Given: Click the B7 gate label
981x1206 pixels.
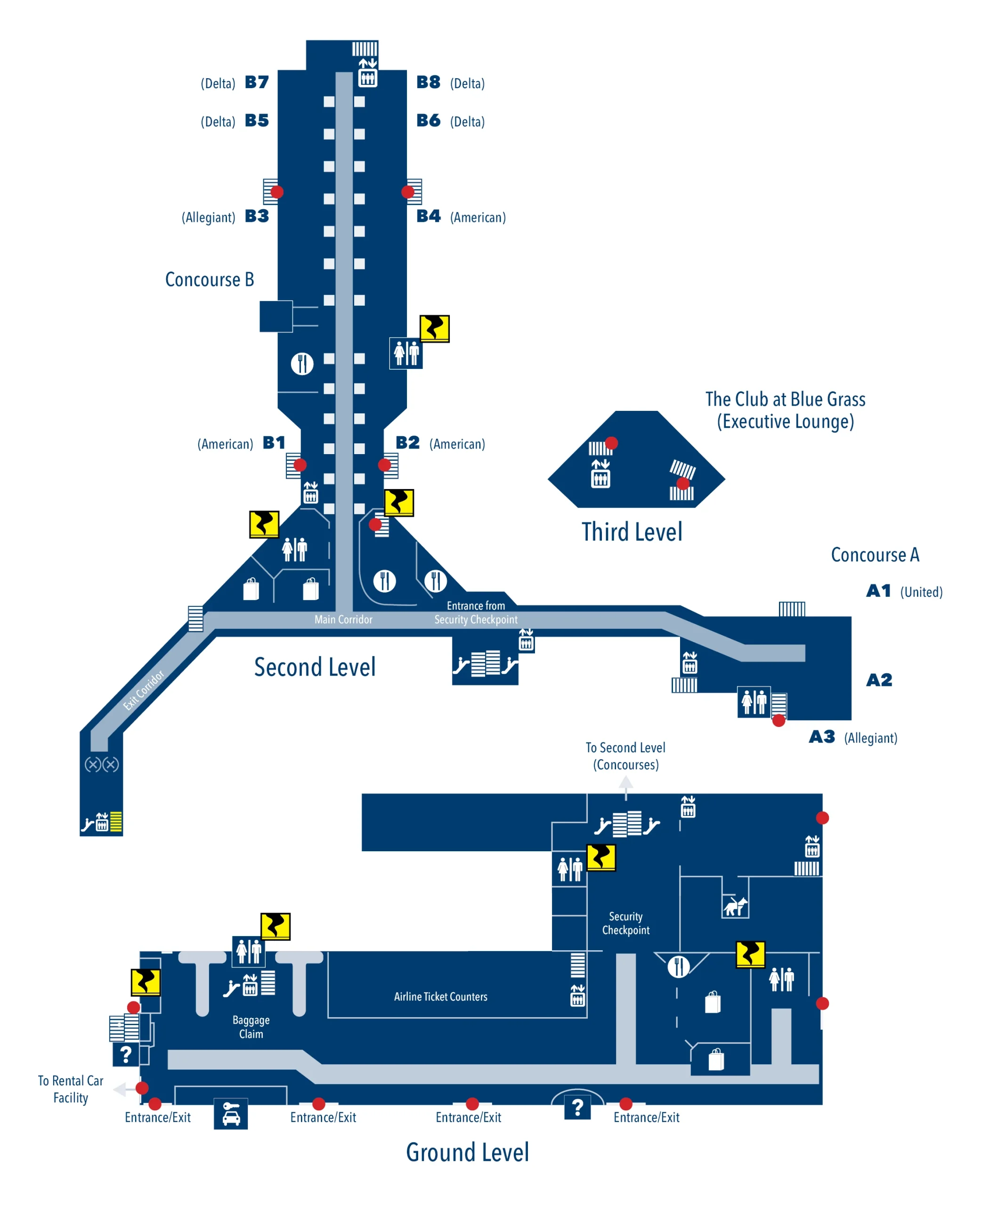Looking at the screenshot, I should (x=257, y=82).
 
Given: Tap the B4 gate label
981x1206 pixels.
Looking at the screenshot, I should (x=429, y=216).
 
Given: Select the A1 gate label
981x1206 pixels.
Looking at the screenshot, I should (x=879, y=591).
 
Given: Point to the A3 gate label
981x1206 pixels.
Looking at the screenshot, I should (x=822, y=737).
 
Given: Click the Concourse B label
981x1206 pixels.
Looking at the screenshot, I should (x=209, y=280).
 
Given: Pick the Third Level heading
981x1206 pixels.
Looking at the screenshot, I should (x=632, y=532).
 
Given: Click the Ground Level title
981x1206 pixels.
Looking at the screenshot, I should (x=467, y=1152).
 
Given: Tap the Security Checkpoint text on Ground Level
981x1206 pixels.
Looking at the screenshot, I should (x=625, y=923).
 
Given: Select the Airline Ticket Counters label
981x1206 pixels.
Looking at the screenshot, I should (x=440, y=996).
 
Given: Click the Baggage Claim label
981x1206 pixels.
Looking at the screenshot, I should (x=251, y=1027).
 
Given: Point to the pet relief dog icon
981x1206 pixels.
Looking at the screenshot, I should (x=735, y=906).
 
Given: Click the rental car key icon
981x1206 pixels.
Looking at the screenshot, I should (x=231, y=1114).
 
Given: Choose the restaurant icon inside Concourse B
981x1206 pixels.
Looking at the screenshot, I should (x=302, y=363).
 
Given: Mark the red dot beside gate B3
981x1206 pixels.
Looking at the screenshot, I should (x=277, y=192).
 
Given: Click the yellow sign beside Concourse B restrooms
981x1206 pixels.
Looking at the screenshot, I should (x=434, y=328).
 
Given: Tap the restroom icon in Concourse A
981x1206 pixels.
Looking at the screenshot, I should (x=754, y=702).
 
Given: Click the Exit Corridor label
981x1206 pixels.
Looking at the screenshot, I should (x=144, y=690).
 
